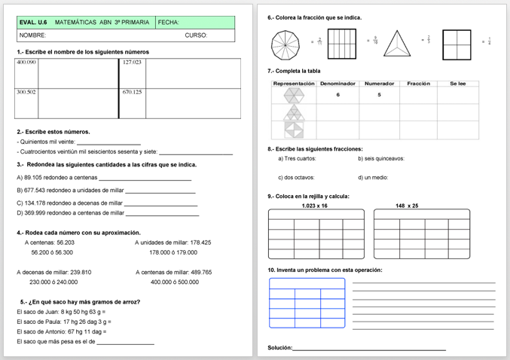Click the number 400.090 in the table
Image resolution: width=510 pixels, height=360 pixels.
[26, 63]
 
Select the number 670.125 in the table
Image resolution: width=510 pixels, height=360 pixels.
[132, 92]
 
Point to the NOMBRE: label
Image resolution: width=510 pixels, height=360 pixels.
[32, 35]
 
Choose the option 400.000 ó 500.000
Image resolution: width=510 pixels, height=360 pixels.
[175, 282]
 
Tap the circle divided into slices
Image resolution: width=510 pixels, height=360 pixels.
[285, 44]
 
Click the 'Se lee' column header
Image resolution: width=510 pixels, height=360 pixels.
[457, 84]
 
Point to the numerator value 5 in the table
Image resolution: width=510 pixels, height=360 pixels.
[379, 95]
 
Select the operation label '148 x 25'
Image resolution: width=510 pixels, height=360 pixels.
[407, 206]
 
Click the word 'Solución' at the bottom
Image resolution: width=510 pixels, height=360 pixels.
[279, 348]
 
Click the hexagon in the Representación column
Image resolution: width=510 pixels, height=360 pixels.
[293, 96]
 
